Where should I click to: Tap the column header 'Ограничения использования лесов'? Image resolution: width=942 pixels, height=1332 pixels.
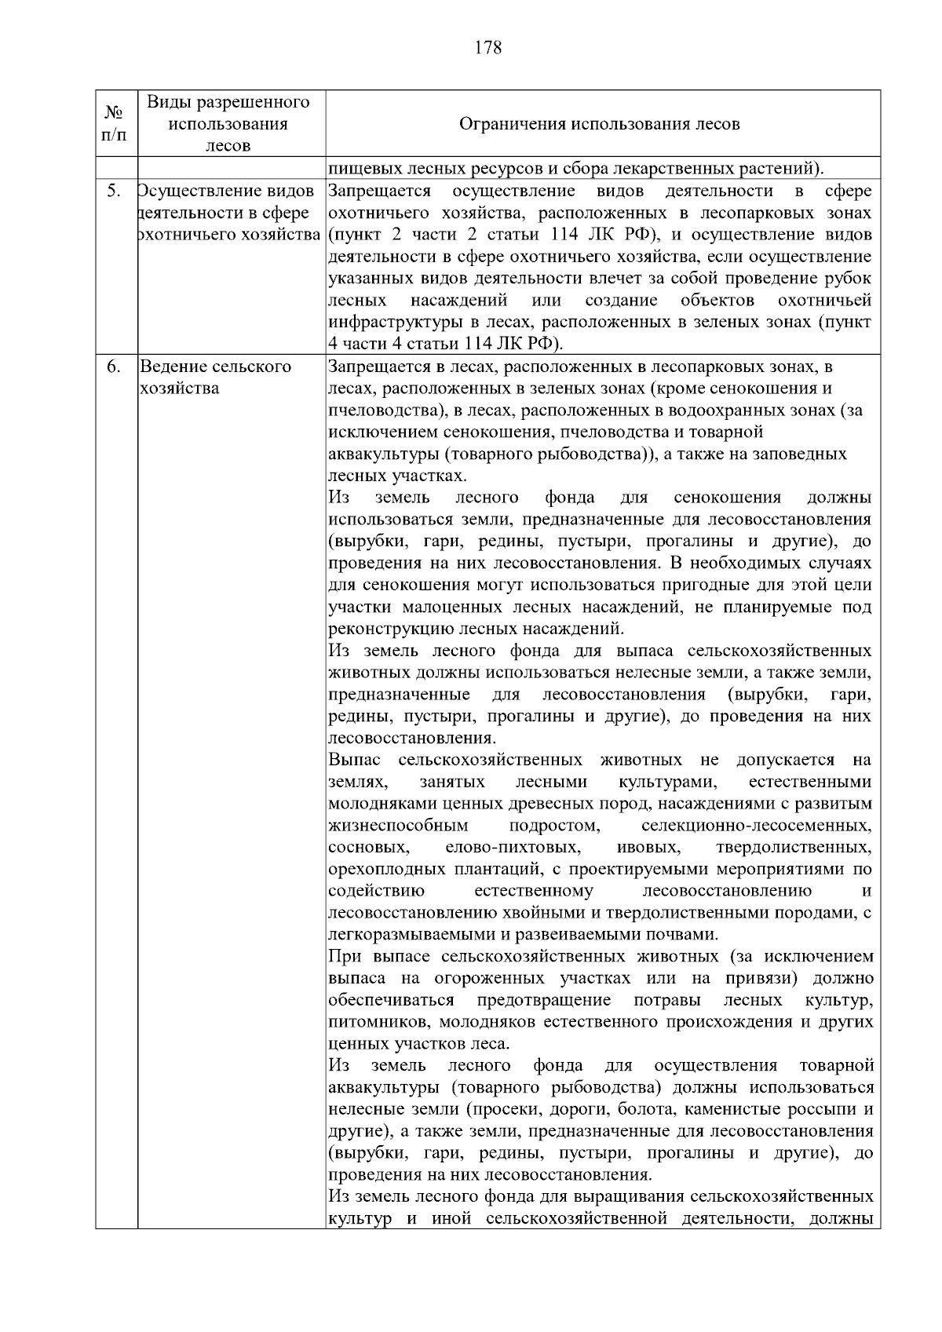pyautogui.click(x=599, y=124)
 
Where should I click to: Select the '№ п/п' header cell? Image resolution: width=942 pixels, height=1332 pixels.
pyautogui.click(x=115, y=124)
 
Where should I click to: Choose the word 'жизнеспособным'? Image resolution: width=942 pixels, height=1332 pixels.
pyautogui.click(x=399, y=826)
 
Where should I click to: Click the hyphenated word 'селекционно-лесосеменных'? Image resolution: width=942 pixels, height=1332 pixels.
pyautogui.click(x=756, y=826)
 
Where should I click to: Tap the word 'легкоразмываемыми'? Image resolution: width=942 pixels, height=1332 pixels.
pyautogui.click(x=403, y=935)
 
